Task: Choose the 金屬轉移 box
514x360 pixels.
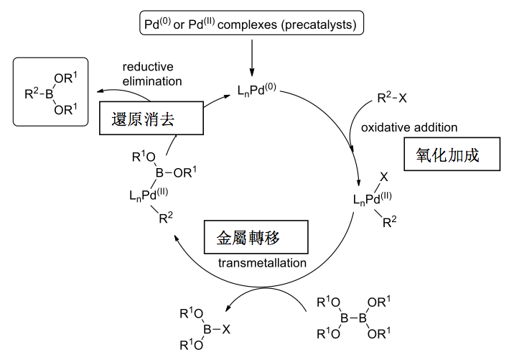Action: coord(255,237)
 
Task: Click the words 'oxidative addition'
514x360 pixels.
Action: coord(408,128)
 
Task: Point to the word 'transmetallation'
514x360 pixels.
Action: coord(262,264)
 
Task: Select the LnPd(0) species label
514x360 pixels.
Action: coord(258,91)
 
